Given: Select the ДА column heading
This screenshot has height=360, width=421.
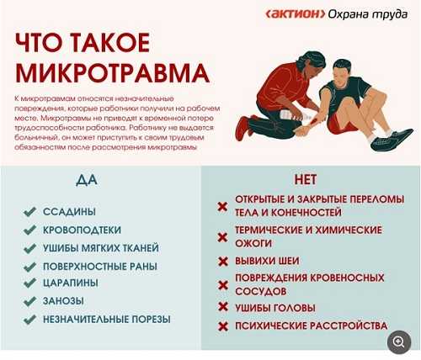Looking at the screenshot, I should click(x=87, y=179).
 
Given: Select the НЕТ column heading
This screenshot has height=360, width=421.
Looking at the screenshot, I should click(x=305, y=179).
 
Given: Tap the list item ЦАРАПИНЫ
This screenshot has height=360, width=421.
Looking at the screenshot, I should click(x=72, y=283).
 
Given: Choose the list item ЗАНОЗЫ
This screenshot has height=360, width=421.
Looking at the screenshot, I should click(x=65, y=300).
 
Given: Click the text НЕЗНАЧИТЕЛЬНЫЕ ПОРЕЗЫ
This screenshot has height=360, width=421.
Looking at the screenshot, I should click(x=107, y=319).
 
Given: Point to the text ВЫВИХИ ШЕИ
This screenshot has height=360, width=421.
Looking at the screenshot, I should click(x=266, y=261).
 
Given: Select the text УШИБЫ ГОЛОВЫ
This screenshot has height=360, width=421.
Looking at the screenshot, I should click(x=275, y=306).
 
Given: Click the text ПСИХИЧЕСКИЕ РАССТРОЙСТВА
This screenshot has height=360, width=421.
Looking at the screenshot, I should click(x=312, y=326).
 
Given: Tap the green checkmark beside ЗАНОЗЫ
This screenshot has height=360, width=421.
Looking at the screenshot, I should click(x=29, y=300).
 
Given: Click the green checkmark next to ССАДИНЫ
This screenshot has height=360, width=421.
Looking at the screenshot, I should click(x=29, y=211).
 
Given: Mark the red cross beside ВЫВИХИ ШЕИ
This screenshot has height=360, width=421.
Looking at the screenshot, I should click(x=222, y=262).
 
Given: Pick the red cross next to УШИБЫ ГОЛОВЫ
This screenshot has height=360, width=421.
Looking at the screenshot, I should click(x=222, y=307).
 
